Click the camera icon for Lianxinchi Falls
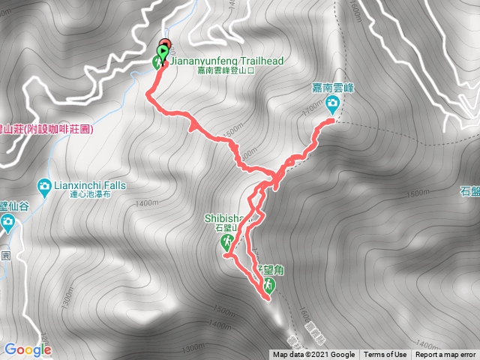[x=44, y=185]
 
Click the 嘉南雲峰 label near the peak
[x=333, y=87]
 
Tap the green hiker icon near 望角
[x=268, y=284]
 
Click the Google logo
[x=27, y=349]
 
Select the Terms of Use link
[x=385, y=355]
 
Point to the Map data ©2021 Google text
[x=313, y=355]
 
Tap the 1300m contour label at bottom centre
[x=193, y=347]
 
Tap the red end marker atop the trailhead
[x=165, y=43]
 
